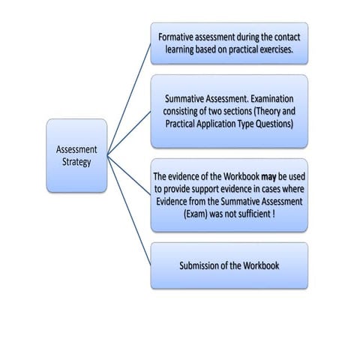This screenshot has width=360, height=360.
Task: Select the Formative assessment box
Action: [229, 43]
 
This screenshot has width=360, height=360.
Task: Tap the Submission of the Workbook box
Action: [229, 265]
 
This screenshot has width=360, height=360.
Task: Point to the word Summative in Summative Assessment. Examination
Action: [187, 99]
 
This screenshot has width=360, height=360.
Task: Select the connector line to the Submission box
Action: [129, 211]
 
